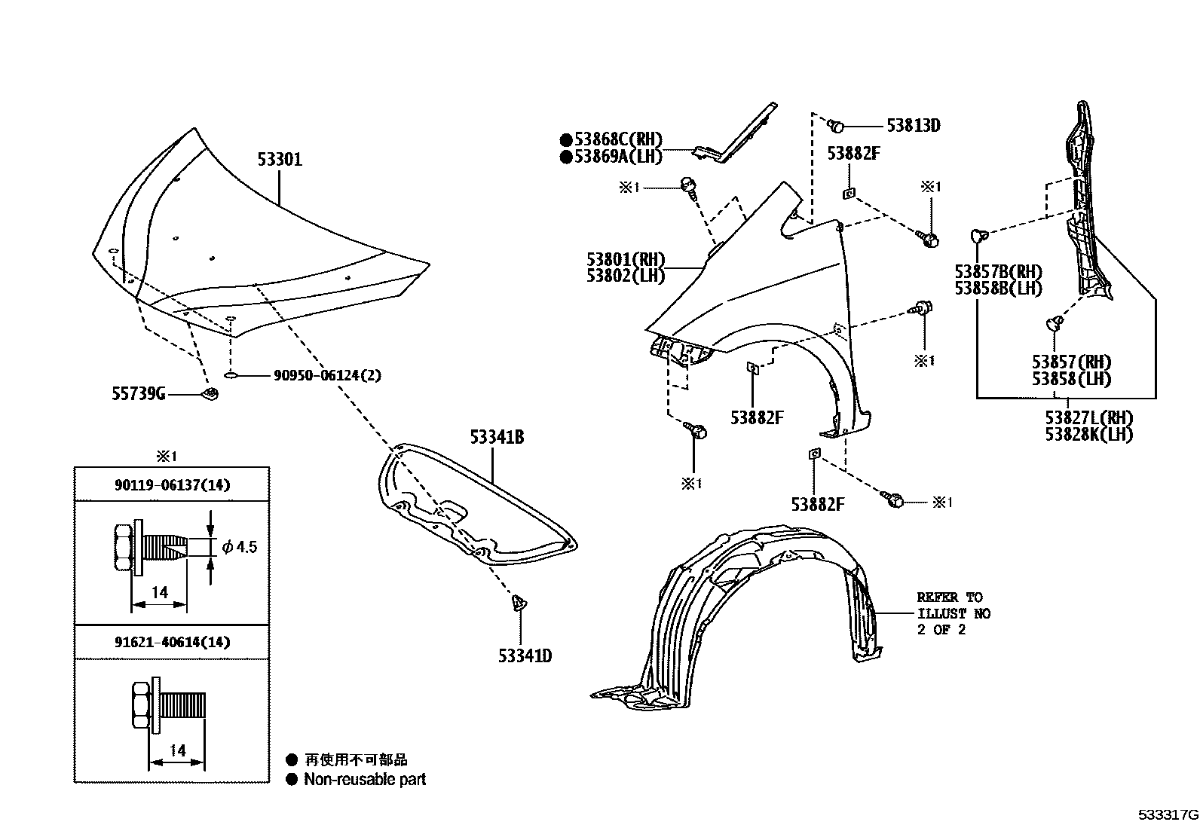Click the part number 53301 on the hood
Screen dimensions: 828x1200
(x=280, y=160)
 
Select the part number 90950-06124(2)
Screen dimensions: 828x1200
(x=326, y=375)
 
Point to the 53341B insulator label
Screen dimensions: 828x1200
(x=497, y=436)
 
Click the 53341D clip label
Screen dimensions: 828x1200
(x=525, y=655)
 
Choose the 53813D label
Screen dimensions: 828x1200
(x=913, y=125)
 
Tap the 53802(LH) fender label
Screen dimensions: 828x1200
(x=626, y=277)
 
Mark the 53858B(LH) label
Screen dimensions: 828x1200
(x=998, y=289)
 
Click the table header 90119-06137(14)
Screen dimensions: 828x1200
(x=172, y=485)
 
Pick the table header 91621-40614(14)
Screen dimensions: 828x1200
(x=172, y=643)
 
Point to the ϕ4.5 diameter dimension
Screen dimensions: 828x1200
(x=240, y=546)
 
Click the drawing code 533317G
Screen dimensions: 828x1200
(x=1168, y=815)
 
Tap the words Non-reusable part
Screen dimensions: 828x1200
(x=365, y=780)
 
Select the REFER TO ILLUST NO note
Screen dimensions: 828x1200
(x=953, y=613)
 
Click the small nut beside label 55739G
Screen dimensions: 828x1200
(x=212, y=393)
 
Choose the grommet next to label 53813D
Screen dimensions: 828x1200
(x=835, y=125)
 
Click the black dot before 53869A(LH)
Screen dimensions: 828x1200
(x=565, y=157)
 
